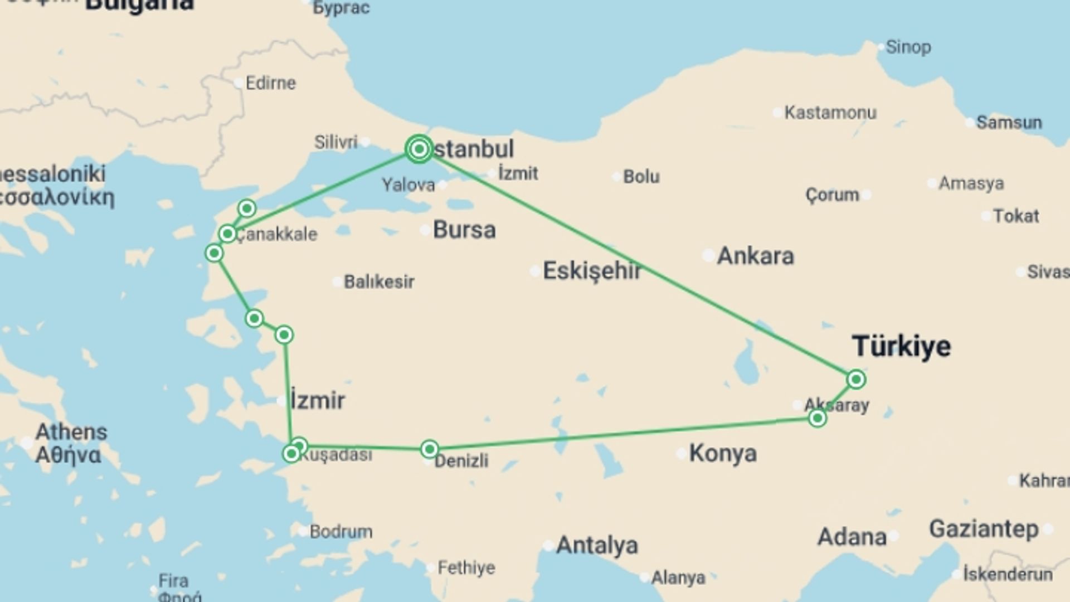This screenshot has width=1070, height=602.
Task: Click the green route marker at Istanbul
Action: click(419, 149)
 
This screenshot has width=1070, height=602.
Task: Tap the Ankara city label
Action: click(755, 256)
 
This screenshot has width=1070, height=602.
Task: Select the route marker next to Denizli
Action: click(429, 449)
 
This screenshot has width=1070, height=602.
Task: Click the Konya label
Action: click(723, 453)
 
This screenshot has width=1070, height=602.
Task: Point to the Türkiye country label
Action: click(901, 346)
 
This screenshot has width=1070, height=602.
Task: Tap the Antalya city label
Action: click(597, 545)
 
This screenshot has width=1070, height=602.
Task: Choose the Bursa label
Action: click(464, 230)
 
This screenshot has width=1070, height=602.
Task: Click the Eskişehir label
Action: click(592, 271)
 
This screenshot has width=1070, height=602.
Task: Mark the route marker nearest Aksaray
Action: click(817, 417)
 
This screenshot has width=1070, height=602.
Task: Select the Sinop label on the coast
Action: click(908, 47)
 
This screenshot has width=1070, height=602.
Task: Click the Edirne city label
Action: click(271, 83)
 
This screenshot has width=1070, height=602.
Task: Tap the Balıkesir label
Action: click(379, 281)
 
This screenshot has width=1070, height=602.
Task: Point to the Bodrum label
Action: click(341, 531)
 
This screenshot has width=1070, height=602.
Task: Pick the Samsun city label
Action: click(1009, 122)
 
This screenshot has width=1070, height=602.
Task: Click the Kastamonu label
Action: click(830, 113)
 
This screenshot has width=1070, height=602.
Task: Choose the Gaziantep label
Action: click(984, 528)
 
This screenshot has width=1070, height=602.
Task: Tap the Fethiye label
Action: click(466, 567)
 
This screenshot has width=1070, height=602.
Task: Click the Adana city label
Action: click(852, 537)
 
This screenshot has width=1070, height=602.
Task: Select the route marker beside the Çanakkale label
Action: click(227, 234)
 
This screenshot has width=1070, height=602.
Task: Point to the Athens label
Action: click(71, 432)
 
